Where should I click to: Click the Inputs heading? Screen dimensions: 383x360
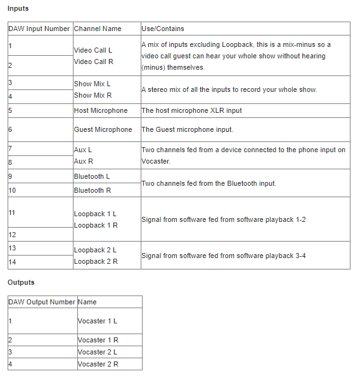click(x=18, y=9)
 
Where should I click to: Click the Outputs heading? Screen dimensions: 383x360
click(x=21, y=282)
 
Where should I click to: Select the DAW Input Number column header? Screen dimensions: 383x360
click(x=39, y=29)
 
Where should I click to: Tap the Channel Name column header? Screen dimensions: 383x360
click(x=98, y=29)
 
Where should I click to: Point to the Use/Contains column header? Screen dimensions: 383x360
click(x=163, y=29)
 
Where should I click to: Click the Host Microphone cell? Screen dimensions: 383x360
click(x=101, y=110)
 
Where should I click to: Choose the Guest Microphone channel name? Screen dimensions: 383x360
click(x=103, y=129)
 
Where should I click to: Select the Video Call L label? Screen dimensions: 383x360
click(x=93, y=49)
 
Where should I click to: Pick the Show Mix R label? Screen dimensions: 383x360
click(x=93, y=95)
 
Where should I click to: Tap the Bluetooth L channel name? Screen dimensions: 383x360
click(x=92, y=176)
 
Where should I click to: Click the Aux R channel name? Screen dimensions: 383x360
click(x=83, y=161)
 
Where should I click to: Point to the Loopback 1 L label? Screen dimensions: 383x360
click(x=95, y=214)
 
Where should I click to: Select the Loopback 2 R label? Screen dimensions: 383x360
click(x=95, y=261)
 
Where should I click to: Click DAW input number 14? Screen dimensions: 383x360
click(x=12, y=261)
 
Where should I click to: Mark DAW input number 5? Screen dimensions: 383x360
click(x=10, y=110)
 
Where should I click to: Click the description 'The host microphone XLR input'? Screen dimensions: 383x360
click(x=191, y=110)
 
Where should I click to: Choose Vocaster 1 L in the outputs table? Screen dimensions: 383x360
click(x=98, y=321)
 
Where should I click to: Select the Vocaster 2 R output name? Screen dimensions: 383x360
click(x=98, y=364)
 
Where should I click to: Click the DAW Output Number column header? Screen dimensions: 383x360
click(x=42, y=302)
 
